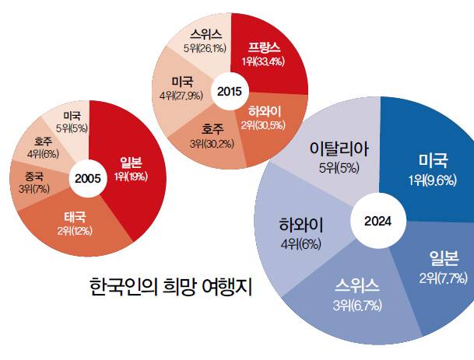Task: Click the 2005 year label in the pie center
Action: point(87,178)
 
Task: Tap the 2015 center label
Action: point(230,92)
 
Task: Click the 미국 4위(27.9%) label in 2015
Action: point(180,87)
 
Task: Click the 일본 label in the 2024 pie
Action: point(440,264)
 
